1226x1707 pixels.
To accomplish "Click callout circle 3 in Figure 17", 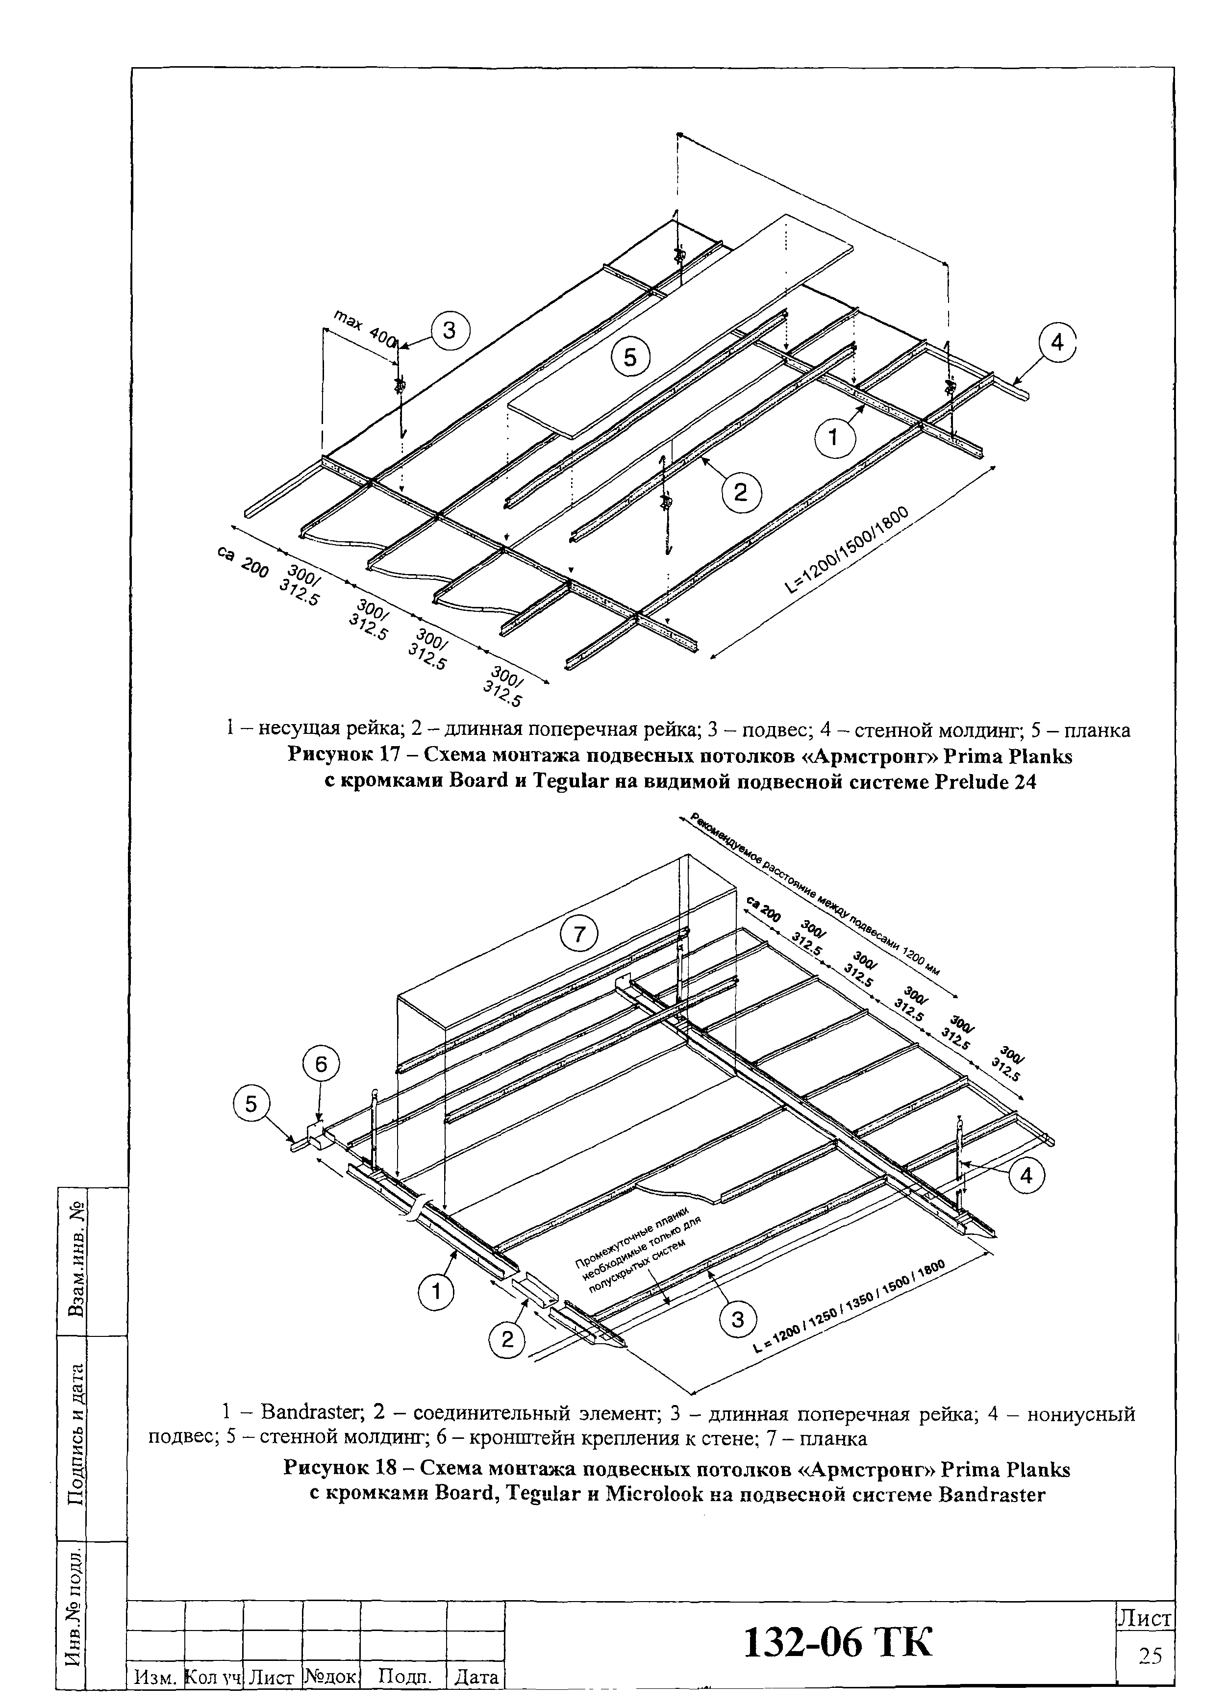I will coord(450,332).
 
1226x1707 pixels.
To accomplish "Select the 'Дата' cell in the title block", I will coord(476,1678).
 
